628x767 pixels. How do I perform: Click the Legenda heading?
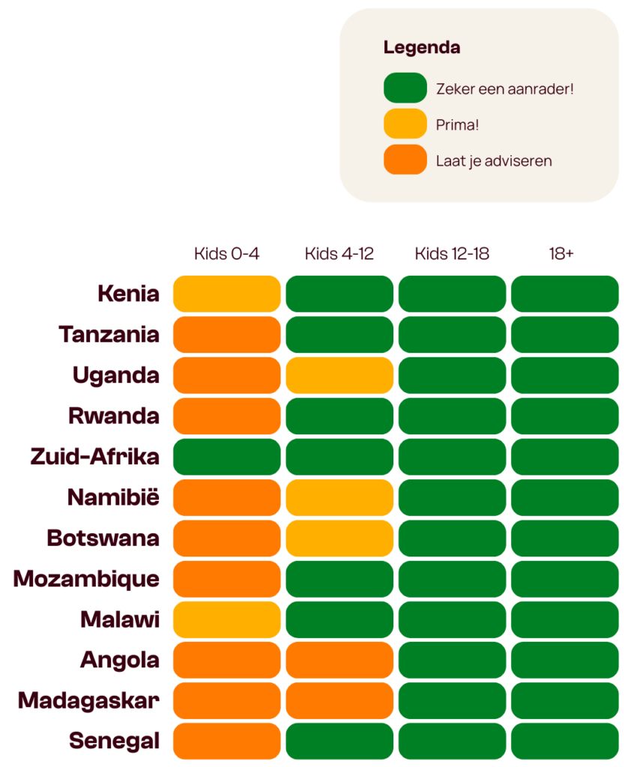[x=422, y=48]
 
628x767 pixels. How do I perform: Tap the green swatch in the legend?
[x=405, y=88]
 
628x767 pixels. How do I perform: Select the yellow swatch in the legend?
[x=405, y=124]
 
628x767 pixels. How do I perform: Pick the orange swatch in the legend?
[x=405, y=160]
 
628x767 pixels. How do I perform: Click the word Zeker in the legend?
[x=454, y=89]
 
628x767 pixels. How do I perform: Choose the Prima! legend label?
[x=457, y=125]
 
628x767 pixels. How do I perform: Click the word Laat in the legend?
[x=450, y=161]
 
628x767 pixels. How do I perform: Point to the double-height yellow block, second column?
[x=339, y=518]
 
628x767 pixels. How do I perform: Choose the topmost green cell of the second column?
[x=339, y=295]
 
